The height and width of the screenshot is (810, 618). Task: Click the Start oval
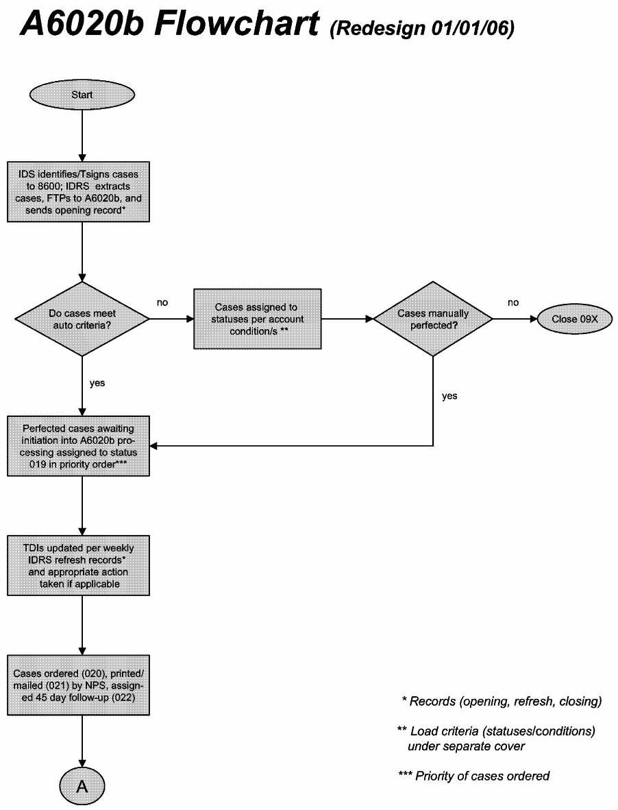pos(82,95)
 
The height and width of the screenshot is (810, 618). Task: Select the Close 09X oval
pos(573,319)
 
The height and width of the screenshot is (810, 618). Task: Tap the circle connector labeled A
pos(82,786)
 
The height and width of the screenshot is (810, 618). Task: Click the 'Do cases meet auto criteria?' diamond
pos(82,319)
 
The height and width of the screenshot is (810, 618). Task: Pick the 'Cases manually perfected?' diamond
pos(433,319)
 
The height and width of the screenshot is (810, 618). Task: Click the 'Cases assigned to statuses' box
pos(257,319)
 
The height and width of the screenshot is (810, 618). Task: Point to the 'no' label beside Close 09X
pos(513,302)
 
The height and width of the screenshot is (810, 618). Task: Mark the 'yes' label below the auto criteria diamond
pos(97,383)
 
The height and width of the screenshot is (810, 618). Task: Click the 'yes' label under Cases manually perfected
pos(449,396)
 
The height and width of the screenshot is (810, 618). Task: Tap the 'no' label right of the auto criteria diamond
pos(162,302)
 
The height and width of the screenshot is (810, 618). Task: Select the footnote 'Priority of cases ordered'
pos(474,776)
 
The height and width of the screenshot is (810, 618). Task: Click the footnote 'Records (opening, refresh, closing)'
pos(502,701)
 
